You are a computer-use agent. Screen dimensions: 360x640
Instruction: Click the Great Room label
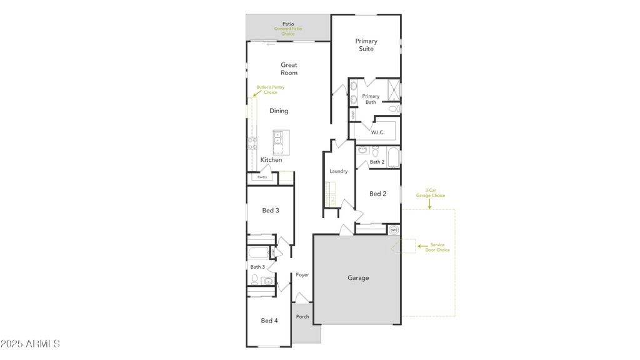(289, 69)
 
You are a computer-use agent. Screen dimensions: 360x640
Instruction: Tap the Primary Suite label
(366, 45)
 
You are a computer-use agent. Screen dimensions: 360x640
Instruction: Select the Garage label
(358, 278)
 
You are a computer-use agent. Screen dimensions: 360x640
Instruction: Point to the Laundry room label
(338, 171)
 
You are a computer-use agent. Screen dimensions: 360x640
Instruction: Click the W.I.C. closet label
(377, 132)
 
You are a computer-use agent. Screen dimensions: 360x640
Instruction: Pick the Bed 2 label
(377, 194)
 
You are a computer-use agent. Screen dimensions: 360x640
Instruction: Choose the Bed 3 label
(270, 211)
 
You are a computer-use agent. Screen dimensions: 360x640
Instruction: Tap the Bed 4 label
(269, 321)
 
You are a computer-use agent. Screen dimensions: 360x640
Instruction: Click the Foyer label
(302, 274)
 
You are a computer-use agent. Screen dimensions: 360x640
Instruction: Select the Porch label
(302, 317)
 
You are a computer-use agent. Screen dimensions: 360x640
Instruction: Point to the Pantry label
(262, 177)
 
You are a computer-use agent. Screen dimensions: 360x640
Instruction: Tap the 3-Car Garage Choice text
(431, 192)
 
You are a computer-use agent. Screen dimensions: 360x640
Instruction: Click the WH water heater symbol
(394, 230)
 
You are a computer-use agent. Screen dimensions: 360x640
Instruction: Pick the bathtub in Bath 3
(258, 252)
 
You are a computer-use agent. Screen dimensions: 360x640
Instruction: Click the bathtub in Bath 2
(393, 156)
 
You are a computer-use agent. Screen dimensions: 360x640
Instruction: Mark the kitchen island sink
(279, 137)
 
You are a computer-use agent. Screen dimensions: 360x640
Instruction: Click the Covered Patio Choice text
(288, 31)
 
